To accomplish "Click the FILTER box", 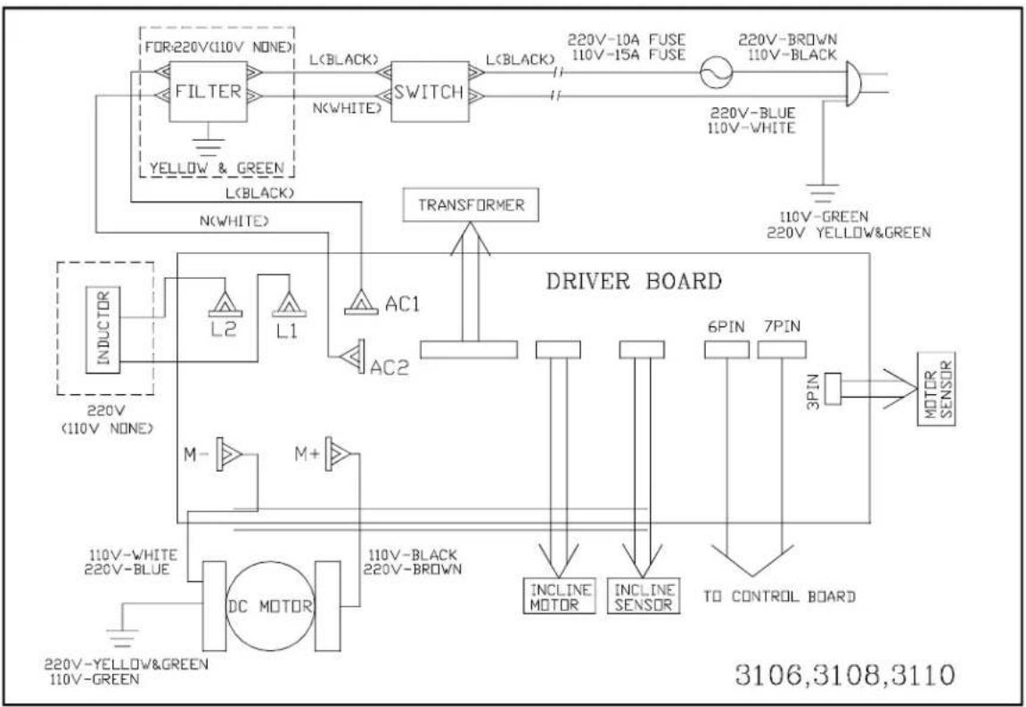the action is click(208, 91).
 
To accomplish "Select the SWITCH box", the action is click(430, 92).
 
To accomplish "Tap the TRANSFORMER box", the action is click(472, 205).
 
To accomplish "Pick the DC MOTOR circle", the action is click(269, 605).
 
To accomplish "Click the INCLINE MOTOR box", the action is click(560, 596).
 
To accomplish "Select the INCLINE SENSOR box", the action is click(644, 596).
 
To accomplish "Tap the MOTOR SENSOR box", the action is click(936, 389).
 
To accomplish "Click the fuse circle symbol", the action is click(717, 71).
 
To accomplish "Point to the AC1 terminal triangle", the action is click(361, 301).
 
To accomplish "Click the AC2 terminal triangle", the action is click(351, 356).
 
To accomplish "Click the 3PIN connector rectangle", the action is click(833, 389).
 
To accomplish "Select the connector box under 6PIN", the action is click(726, 349).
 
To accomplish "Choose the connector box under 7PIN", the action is click(781, 349).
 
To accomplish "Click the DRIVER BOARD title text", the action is click(634, 281).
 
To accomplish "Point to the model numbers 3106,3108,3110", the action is click(845, 674).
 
